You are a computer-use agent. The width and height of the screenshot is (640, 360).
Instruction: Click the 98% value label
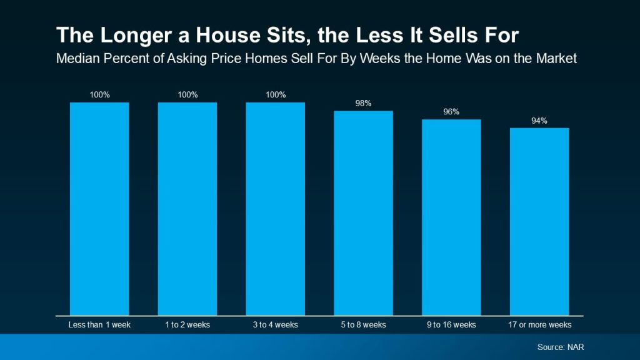click(363, 103)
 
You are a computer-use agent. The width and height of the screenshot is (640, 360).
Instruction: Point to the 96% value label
click(451, 112)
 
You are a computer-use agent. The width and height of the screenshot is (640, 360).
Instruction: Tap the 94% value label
click(539, 121)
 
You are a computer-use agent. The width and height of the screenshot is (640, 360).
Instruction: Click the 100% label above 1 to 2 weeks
click(187, 95)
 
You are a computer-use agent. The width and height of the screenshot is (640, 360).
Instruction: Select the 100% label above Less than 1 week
click(99, 95)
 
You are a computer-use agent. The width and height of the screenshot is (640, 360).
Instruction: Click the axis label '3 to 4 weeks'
click(275, 325)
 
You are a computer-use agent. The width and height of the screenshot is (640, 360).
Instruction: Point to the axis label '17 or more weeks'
click(539, 325)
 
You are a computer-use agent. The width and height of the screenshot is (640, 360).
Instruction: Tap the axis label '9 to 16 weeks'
click(451, 325)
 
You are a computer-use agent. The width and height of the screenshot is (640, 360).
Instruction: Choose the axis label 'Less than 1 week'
click(99, 325)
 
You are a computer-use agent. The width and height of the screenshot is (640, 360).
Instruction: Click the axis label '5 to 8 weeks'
click(363, 325)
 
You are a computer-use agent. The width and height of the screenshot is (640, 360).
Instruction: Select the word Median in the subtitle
click(77, 59)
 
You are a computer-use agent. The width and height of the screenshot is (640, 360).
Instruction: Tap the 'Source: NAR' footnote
click(561, 347)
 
